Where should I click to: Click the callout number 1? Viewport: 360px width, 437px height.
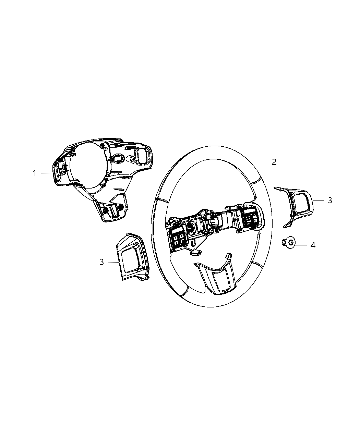click(x=34, y=173)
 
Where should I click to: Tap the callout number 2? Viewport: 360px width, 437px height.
click(x=274, y=162)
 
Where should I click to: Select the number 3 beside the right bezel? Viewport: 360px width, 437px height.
click(x=330, y=200)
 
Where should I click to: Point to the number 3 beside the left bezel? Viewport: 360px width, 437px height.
click(x=102, y=262)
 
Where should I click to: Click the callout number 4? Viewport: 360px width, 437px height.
click(x=313, y=245)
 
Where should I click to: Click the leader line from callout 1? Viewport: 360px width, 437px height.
click(x=46, y=173)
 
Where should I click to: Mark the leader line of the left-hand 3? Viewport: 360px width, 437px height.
click(x=113, y=262)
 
